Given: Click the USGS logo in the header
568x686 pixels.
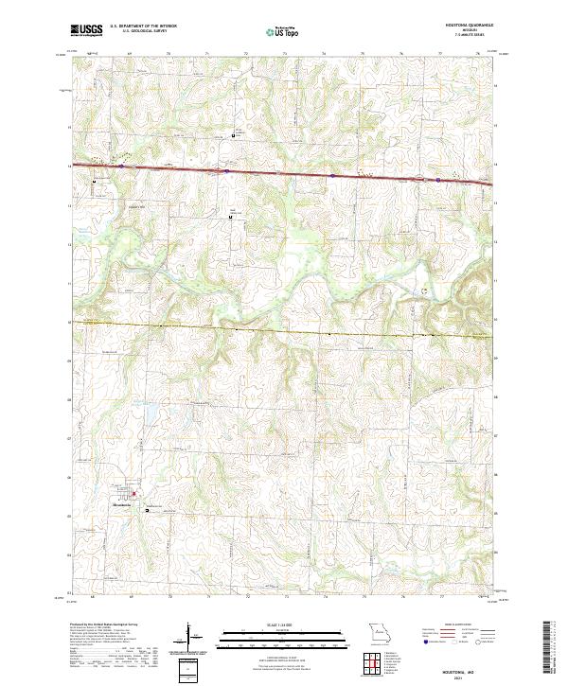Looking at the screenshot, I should click(x=86, y=31).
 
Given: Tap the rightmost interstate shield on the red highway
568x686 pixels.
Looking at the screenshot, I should click(x=439, y=178).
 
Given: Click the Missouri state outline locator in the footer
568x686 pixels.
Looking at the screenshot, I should click(x=379, y=632).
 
